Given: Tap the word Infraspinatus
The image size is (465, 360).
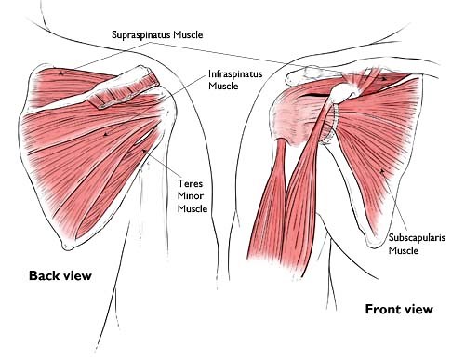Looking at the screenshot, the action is point(238,73).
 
